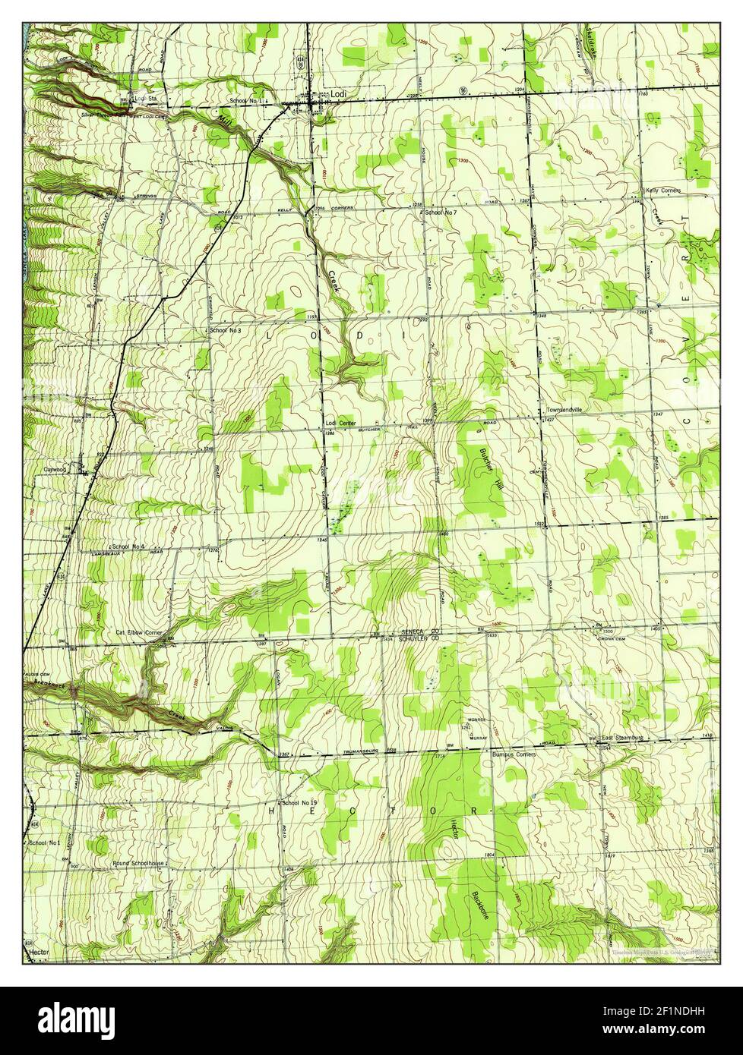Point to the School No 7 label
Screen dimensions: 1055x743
(441, 213)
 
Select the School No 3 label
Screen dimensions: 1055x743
(226, 331)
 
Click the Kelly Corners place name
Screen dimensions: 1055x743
(663, 191)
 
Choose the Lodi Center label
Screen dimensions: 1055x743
(341, 424)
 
